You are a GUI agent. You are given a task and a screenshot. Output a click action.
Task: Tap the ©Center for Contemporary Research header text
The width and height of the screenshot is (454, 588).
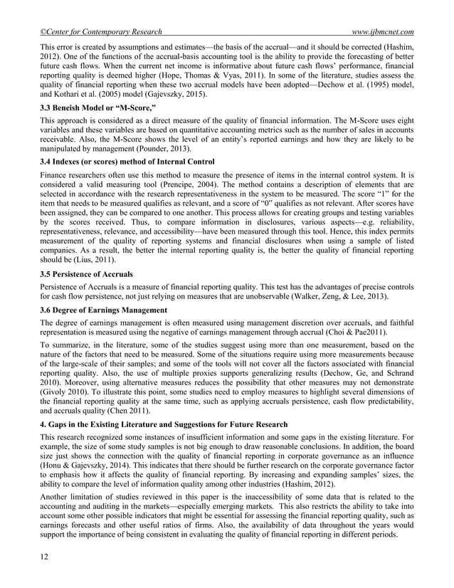pos(100,32)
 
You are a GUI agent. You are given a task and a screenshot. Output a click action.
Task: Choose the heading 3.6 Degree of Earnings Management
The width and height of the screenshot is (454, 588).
pos(109,310)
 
